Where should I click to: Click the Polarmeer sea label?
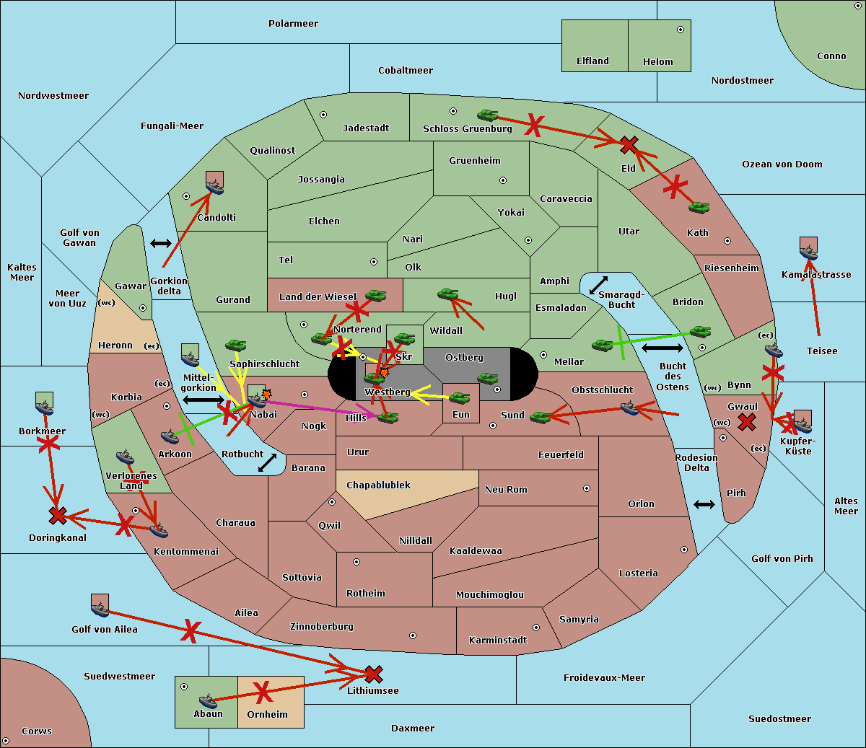293,24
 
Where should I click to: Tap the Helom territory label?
657,61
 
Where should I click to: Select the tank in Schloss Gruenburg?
488,115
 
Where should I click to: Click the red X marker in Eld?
629,144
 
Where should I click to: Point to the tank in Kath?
699,207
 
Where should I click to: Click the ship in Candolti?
215,186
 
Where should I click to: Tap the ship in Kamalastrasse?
808,252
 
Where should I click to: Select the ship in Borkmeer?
45,407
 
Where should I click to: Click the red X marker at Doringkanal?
58,516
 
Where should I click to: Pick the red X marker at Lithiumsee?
373,674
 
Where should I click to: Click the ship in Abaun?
208,700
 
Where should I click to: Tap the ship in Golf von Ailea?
100,609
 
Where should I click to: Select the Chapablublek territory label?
378,485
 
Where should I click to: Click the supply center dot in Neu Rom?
587,488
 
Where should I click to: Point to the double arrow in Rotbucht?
267,462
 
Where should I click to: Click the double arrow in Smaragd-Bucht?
598,285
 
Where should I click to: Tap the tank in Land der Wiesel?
375,296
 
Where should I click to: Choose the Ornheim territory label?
267,714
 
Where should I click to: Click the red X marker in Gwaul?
747,422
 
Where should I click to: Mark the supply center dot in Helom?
681,30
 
